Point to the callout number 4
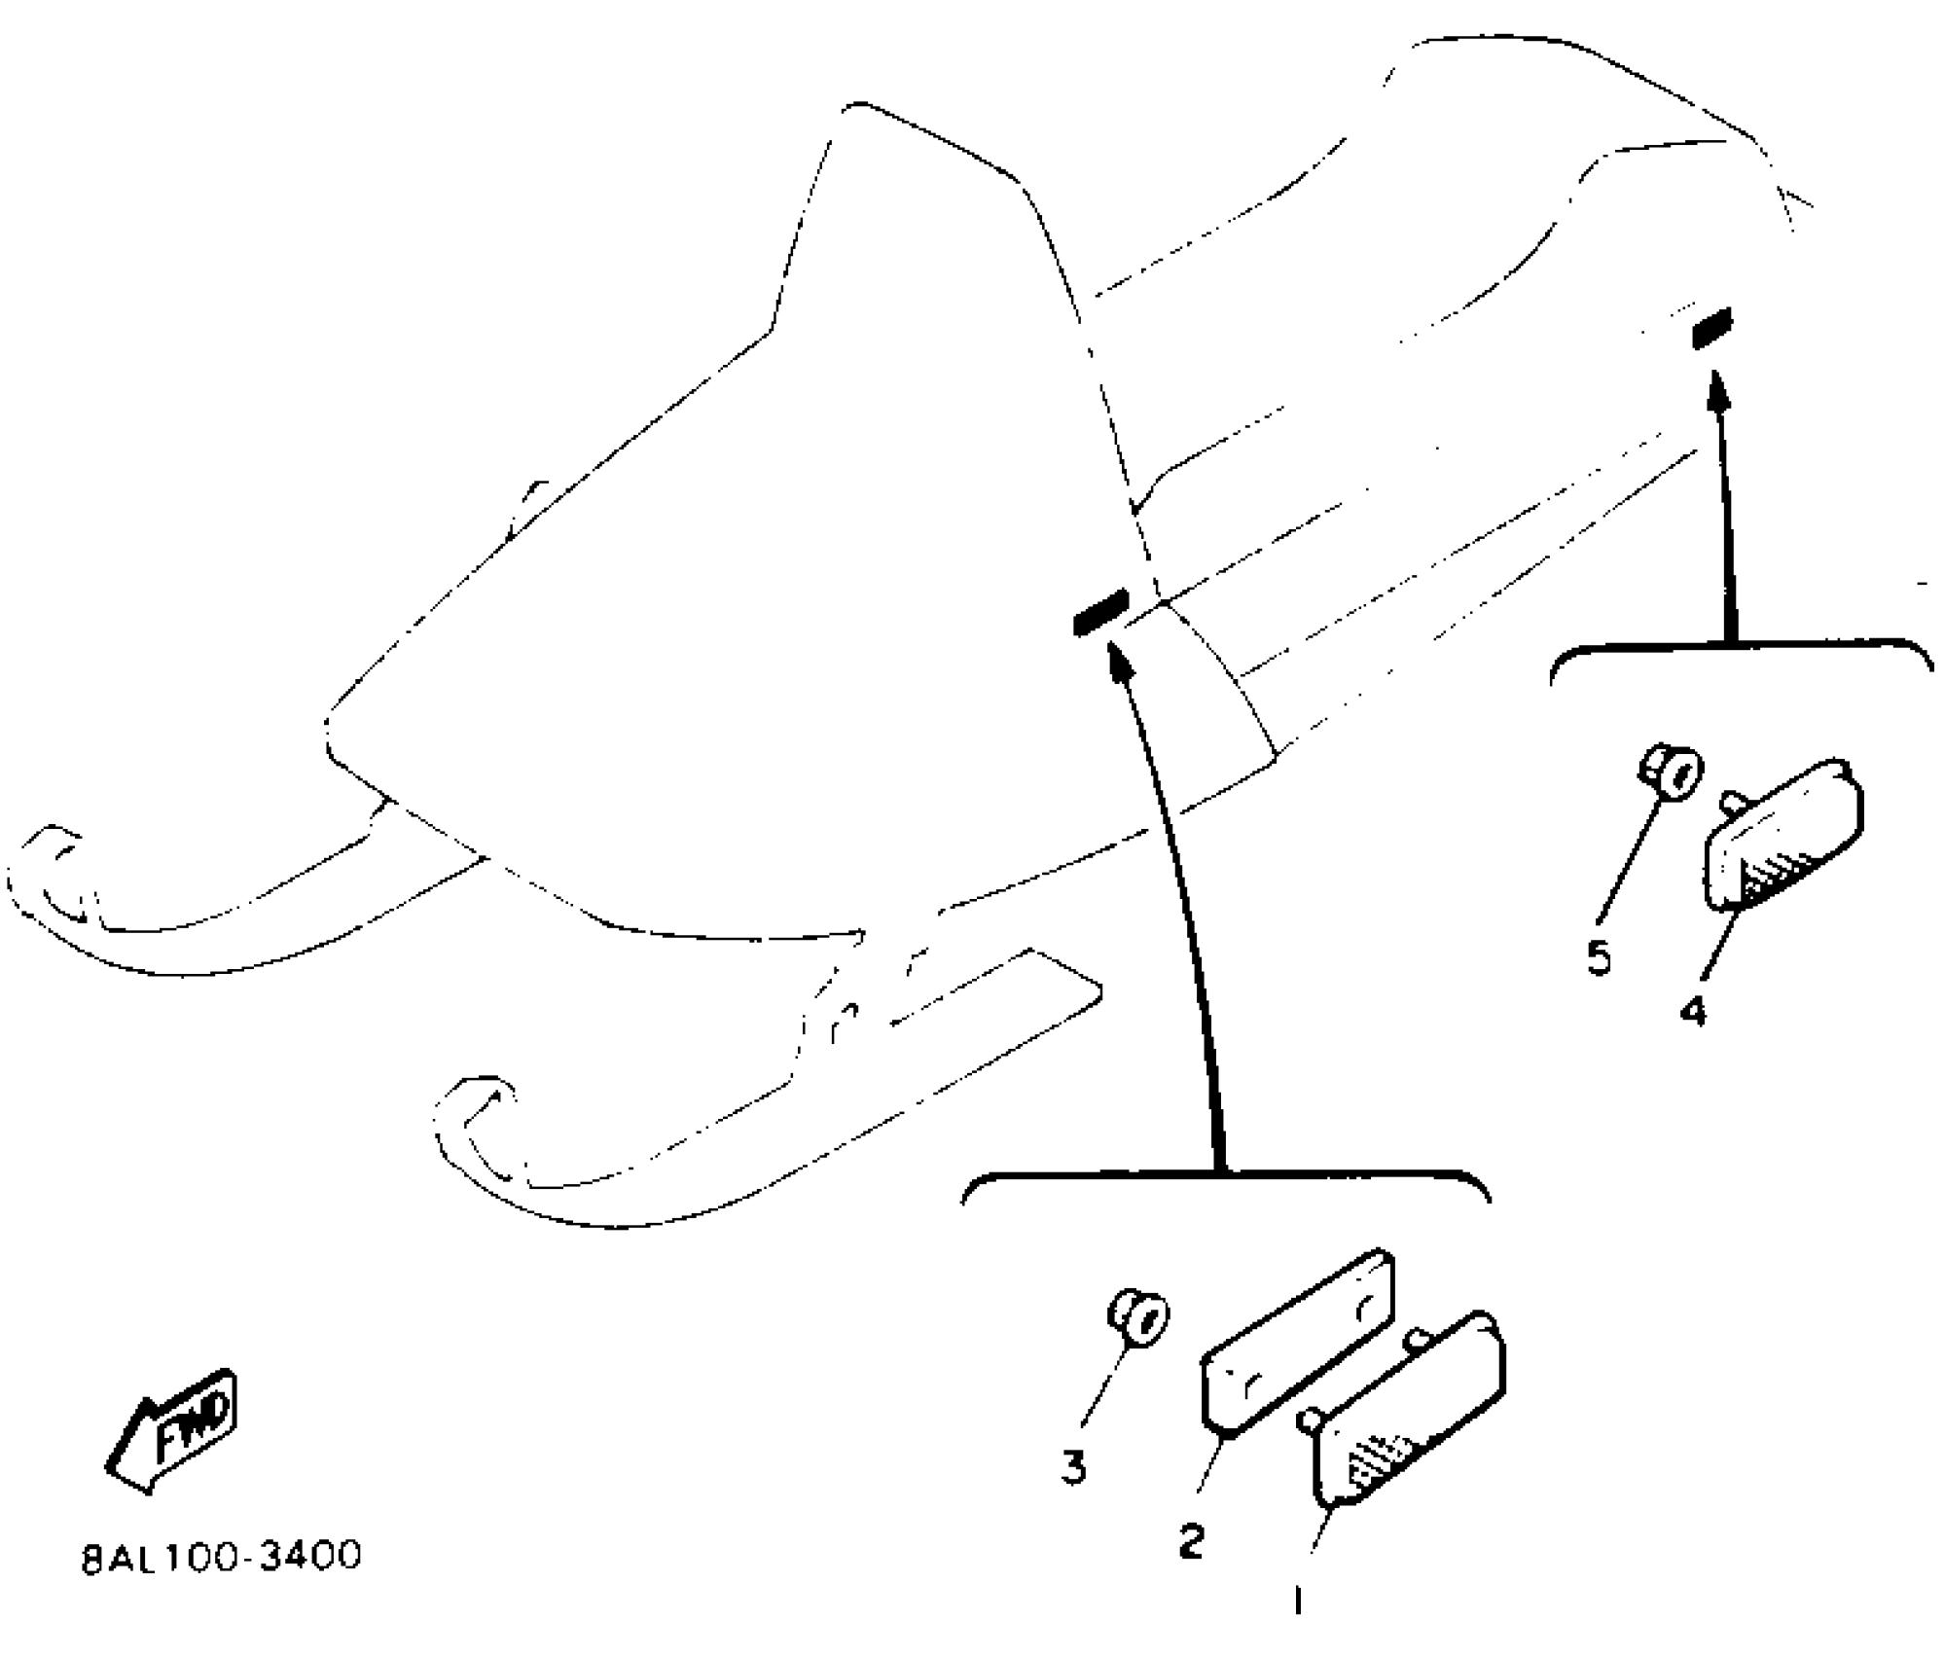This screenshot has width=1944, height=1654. [x=1693, y=1013]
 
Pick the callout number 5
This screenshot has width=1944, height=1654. [x=1598, y=958]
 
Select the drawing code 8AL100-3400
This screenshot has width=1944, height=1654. [x=221, y=1556]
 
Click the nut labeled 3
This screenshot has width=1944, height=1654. [x=1140, y=1318]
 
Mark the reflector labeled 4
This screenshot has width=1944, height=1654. [x=1784, y=836]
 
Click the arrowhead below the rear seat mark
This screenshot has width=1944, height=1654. [x=1718, y=387]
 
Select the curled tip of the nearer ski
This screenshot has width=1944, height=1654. [x=472, y=1114]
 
